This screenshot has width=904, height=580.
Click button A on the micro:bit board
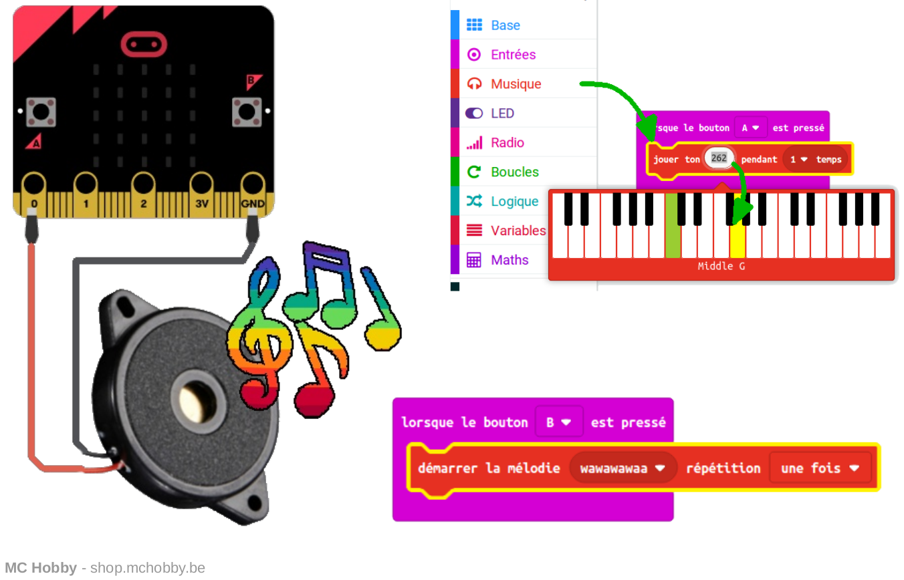[41, 112]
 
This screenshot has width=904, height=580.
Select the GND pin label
[253, 204]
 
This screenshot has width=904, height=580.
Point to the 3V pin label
[202, 204]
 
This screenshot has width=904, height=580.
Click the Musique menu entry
[516, 84]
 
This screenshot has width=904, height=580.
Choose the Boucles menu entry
[515, 172]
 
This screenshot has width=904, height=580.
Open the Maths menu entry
[510, 260]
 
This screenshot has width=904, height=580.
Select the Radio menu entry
[507, 142]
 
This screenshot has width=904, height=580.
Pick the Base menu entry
[505, 25]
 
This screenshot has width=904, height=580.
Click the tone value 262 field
[719, 158]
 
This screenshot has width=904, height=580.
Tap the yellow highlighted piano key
[738, 238]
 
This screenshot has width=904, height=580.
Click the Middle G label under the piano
[721, 266]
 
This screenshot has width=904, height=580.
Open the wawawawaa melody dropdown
[623, 468]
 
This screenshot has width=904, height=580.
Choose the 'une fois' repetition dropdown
[820, 468]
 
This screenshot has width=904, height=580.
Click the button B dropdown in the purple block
[559, 422]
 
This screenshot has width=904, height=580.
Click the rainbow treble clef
[260, 331]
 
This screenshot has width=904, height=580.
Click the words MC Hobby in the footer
[41, 567]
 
